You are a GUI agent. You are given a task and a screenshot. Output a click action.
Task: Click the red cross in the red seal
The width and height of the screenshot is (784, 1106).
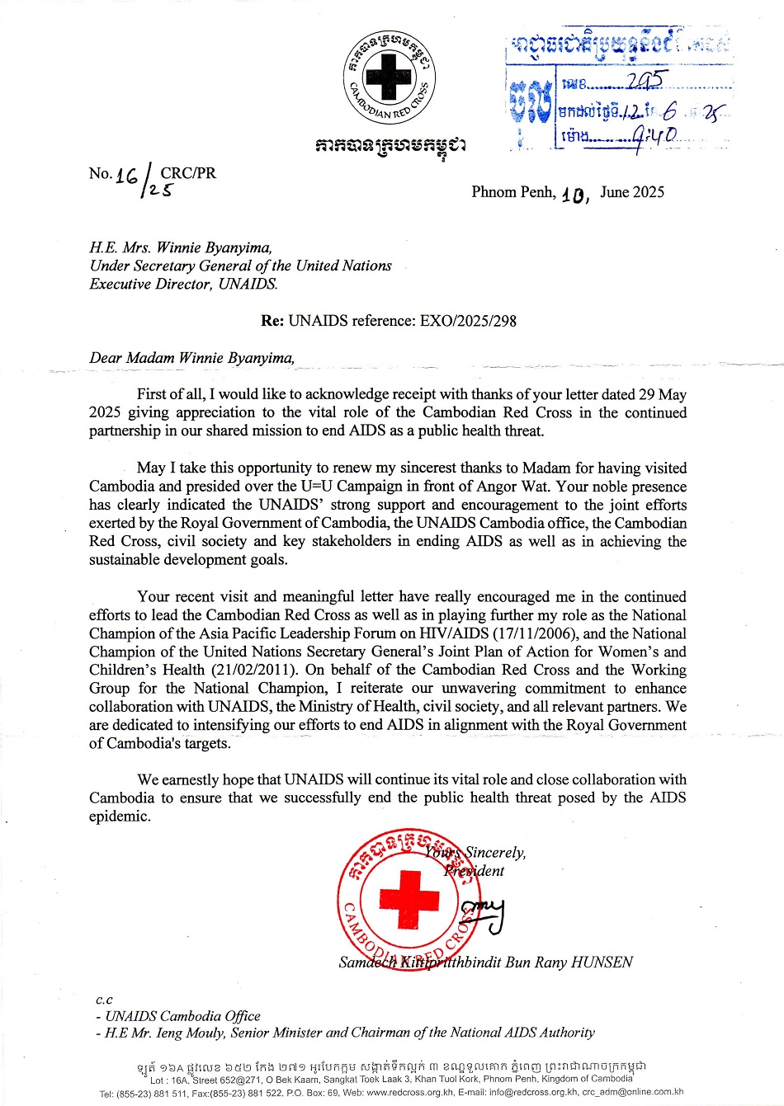point(409,898)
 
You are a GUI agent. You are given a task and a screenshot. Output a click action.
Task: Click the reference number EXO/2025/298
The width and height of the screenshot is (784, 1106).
point(465,321)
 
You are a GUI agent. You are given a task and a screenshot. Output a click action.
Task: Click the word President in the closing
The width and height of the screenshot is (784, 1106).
point(475,871)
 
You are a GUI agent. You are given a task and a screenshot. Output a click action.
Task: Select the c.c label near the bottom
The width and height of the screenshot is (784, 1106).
point(104,1000)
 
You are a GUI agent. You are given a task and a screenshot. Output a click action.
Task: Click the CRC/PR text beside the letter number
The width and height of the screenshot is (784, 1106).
point(188,173)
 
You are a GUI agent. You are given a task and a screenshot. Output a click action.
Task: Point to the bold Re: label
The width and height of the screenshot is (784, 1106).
point(272,321)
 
